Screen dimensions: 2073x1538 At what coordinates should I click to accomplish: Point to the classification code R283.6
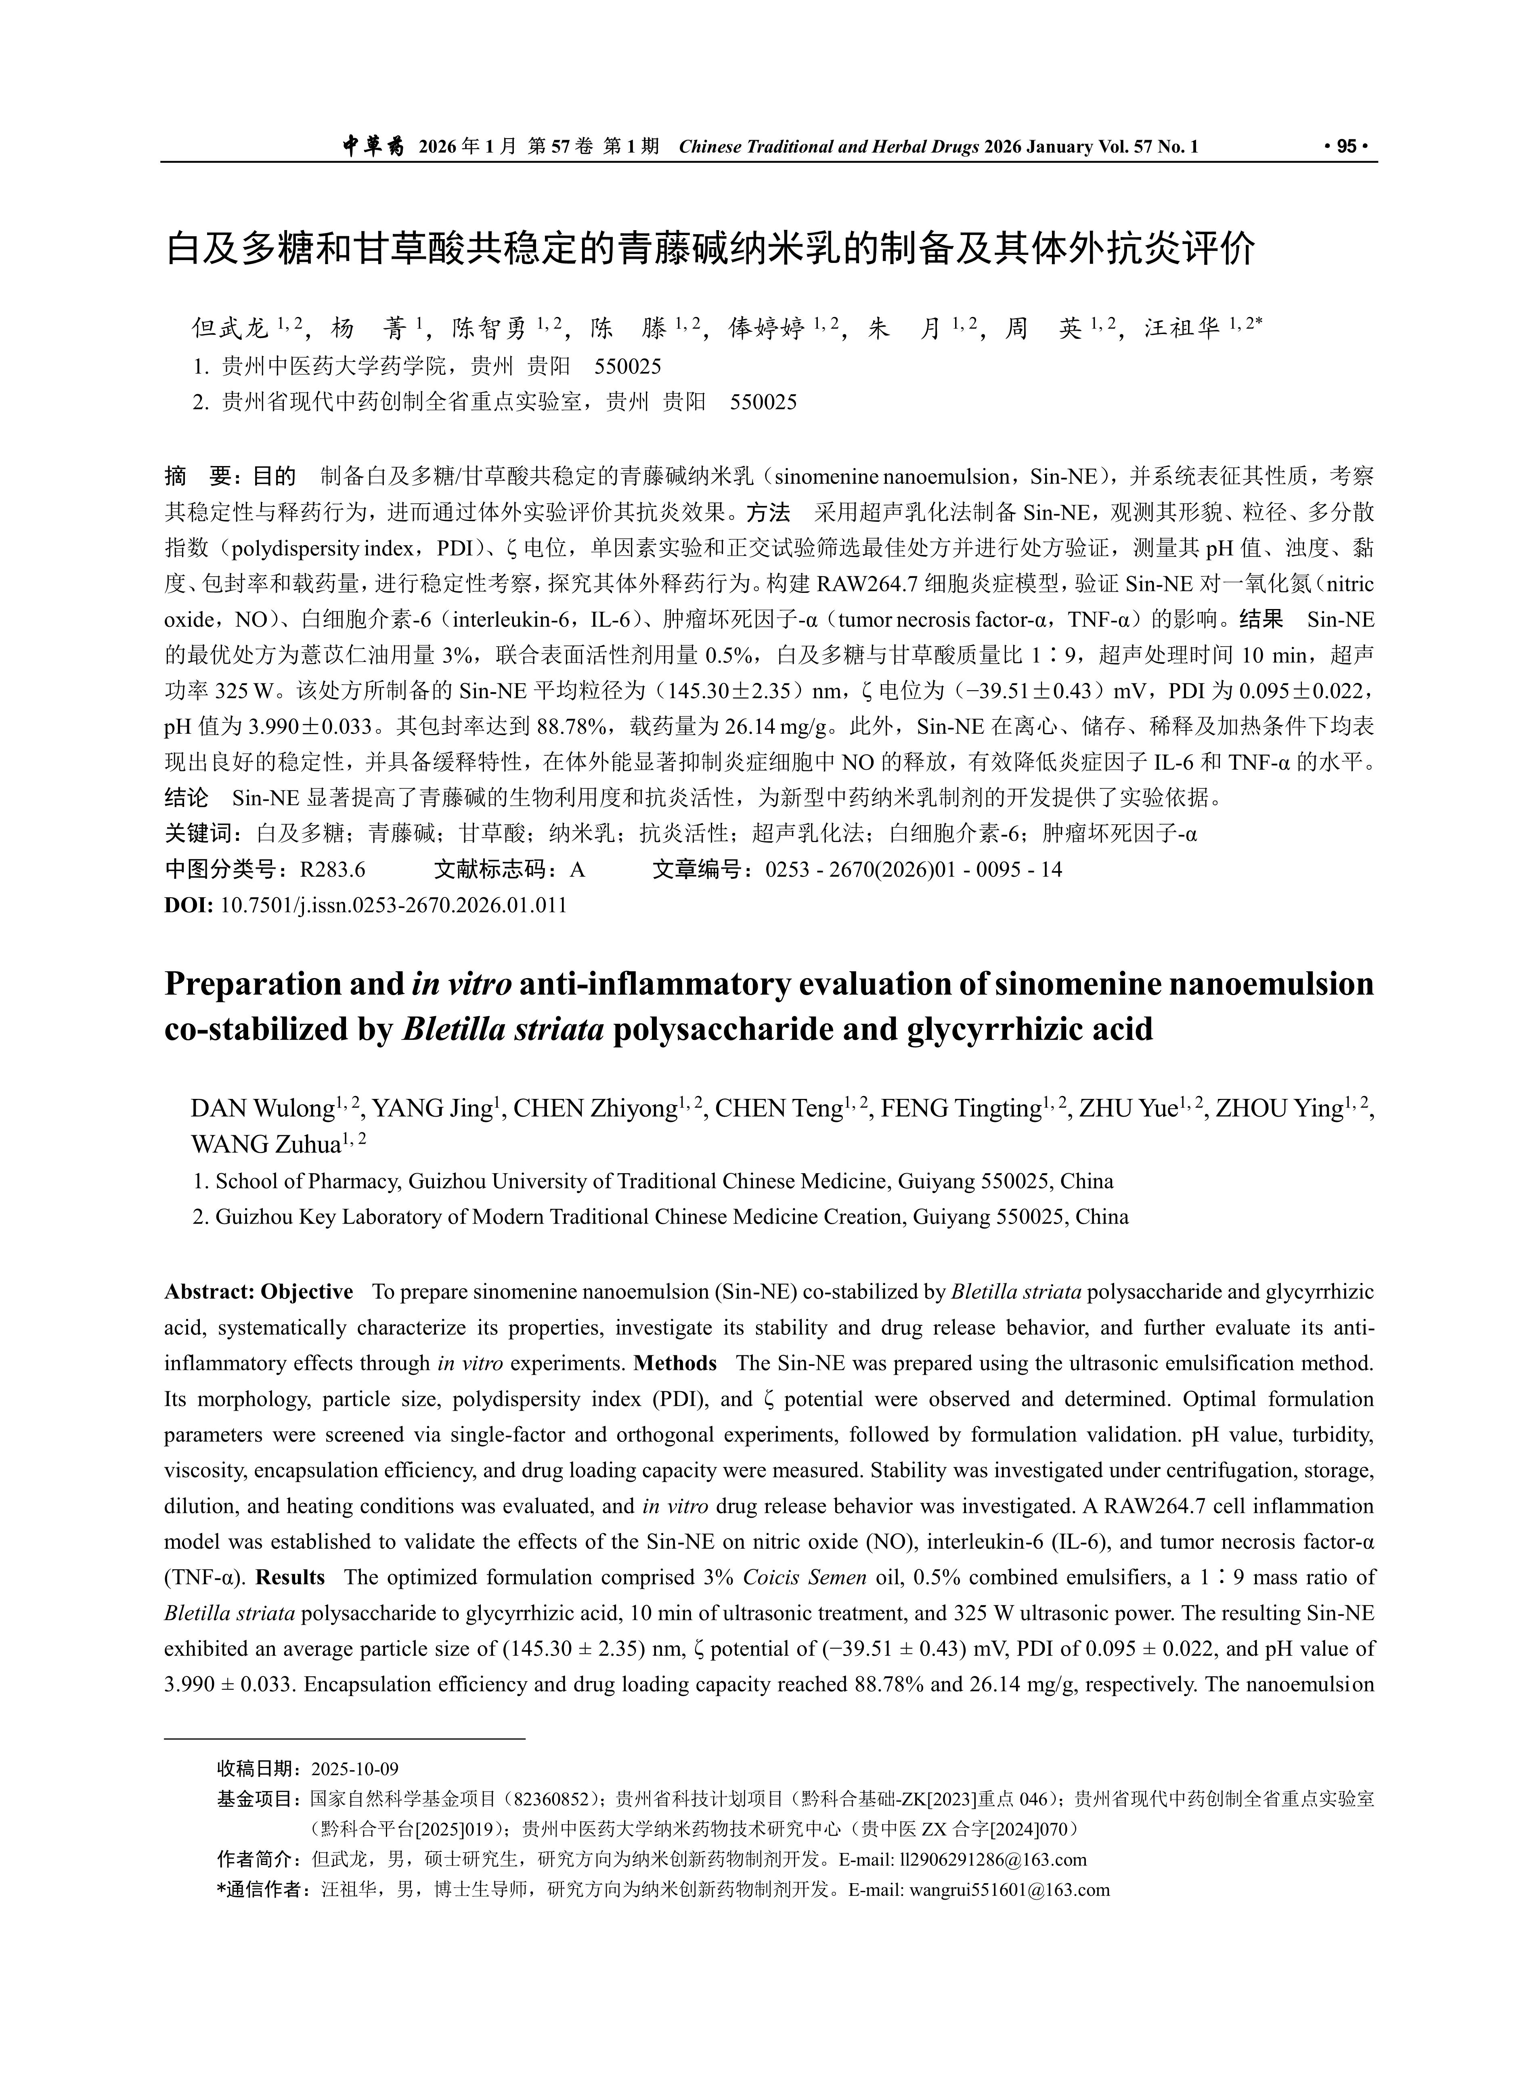click(x=332, y=870)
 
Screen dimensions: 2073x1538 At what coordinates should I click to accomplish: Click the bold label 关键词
click(x=201, y=834)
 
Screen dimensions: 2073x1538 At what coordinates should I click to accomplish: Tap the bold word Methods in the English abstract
click(x=675, y=1363)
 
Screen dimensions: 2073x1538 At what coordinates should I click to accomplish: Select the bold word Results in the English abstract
click(x=289, y=1577)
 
